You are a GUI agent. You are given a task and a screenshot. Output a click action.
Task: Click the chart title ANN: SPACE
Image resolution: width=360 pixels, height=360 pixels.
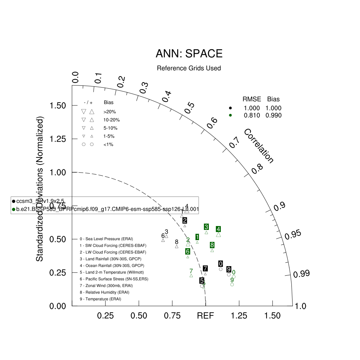click(189, 54)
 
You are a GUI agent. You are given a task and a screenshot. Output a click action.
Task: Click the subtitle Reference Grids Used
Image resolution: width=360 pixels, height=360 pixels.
click(189, 68)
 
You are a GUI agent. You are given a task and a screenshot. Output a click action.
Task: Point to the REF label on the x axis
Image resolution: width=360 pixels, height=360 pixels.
click(205, 316)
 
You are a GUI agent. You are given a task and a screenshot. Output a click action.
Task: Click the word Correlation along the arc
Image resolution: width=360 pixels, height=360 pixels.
click(258, 146)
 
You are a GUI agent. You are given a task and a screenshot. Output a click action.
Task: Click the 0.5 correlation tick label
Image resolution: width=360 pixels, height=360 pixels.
click(189, 107)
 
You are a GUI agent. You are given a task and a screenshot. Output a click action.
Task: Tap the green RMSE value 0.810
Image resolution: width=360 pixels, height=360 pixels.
click(252, 115)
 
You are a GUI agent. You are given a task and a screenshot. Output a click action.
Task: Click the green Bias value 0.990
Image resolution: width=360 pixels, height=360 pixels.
click(274, 115)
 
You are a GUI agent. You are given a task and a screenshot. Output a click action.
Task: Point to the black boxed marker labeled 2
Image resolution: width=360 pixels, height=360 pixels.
click(185, 220)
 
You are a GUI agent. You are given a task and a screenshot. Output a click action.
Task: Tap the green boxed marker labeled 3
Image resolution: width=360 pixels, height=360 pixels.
click(206, 227)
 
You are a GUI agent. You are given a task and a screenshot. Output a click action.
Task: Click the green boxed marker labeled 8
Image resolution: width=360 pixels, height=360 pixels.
click(212, 245)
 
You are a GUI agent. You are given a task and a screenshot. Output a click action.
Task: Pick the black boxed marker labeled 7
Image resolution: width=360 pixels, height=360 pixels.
click(205, 269)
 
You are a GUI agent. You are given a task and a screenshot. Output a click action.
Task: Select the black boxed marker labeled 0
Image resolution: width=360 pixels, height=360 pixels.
click(220, 264)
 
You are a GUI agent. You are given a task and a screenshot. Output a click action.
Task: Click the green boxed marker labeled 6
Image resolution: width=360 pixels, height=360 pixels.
click(188, 251)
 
